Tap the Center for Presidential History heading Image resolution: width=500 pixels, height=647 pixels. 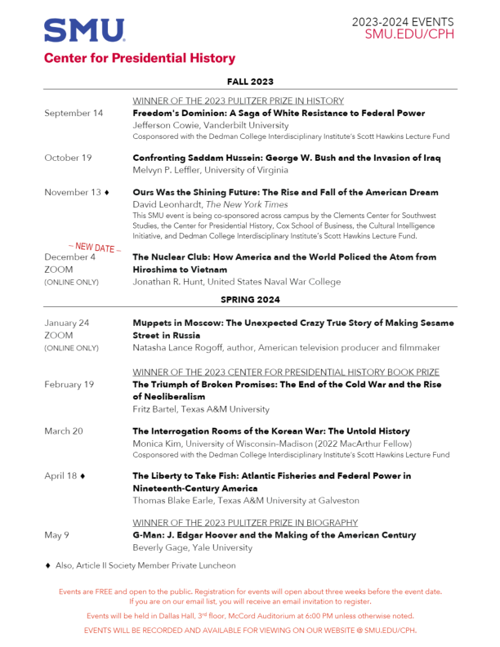140,58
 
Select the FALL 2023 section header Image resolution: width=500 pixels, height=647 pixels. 250,81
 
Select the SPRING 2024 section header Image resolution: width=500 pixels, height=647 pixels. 250,300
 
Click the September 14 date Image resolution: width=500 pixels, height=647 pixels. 74,114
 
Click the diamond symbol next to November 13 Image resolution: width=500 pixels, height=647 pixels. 107,193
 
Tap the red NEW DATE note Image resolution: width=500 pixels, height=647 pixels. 94,246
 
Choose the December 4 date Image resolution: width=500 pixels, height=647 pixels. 69,257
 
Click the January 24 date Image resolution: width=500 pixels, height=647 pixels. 67,323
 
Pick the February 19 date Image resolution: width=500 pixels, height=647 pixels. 69,384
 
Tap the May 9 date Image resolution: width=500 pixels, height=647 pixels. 57,535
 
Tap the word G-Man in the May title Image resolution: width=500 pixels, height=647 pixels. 148,535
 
